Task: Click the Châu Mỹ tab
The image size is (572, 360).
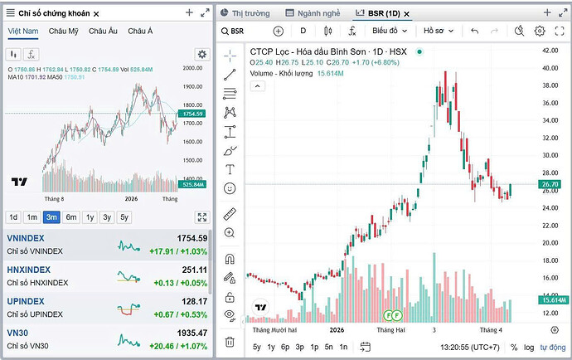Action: click(x=63, y=31)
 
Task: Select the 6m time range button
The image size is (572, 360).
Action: click(x=72, y=217)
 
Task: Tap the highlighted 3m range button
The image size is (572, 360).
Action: click(x=52, y=217)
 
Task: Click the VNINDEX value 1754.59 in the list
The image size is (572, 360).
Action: click(x=191, y=238)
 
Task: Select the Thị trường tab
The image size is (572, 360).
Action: click(x=250, y=13)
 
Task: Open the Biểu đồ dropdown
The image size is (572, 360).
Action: click(x=389, y=31)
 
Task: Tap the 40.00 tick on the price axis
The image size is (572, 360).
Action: click(x=550, y=49)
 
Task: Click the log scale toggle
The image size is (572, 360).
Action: click(x=529, y=347)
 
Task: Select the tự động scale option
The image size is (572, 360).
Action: click(x=553, y=347)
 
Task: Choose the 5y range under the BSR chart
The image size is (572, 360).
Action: click(x=257, y=347)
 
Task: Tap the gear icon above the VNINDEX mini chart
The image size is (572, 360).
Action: click(x=202, y=54)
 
